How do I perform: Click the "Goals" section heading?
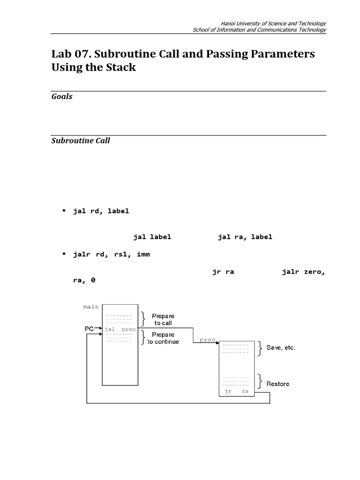(x=62, y=97)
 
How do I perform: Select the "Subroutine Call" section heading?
(x=81, y=141)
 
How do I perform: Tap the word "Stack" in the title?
(x=121, y=67)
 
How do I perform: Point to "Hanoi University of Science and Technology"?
(x=273, y=23)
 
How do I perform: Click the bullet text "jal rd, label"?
(x=101, y=211)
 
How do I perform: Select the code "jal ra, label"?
(x=245, y=237)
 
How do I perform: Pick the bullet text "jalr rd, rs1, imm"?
(x=112, y=255)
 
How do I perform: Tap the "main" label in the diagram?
(x=91, y=307)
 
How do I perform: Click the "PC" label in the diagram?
(x=89, y=329)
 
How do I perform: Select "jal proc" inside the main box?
(x=120, y=329)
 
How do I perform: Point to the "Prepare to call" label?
(x=163, y=320)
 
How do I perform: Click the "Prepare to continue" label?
(x=163, y=338)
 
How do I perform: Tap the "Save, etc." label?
(x=281, y=348)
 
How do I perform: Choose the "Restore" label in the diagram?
(x=278, y=384)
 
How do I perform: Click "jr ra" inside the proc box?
(x=236, y=391)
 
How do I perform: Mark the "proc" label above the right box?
(x=207, y=339)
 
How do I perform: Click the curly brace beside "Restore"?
(x=260, y=380)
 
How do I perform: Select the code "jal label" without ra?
(x=152, y=237)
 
